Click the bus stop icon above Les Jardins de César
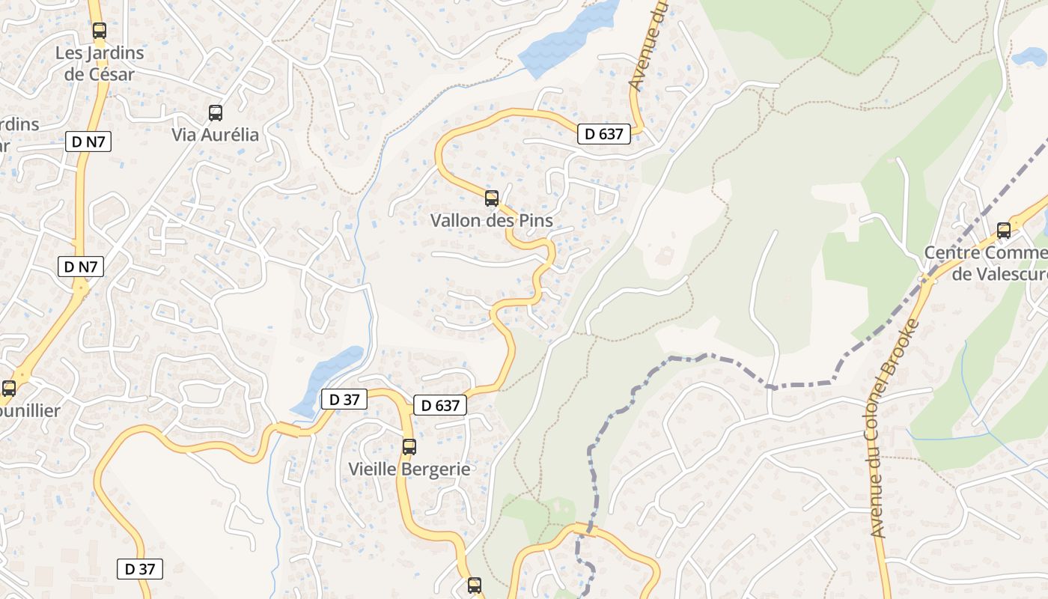99,31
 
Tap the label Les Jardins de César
100,64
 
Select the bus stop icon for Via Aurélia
216,113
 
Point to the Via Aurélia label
216,135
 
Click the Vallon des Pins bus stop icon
492,198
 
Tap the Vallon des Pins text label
492,221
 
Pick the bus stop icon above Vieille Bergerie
409,447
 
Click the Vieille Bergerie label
409,469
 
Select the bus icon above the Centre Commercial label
1004,231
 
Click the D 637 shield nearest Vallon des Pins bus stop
604,134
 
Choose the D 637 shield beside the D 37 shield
440,406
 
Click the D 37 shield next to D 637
344,400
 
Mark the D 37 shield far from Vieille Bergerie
140,569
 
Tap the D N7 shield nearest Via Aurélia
88,142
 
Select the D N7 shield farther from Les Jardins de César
81,267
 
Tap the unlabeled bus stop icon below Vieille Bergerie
475,585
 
